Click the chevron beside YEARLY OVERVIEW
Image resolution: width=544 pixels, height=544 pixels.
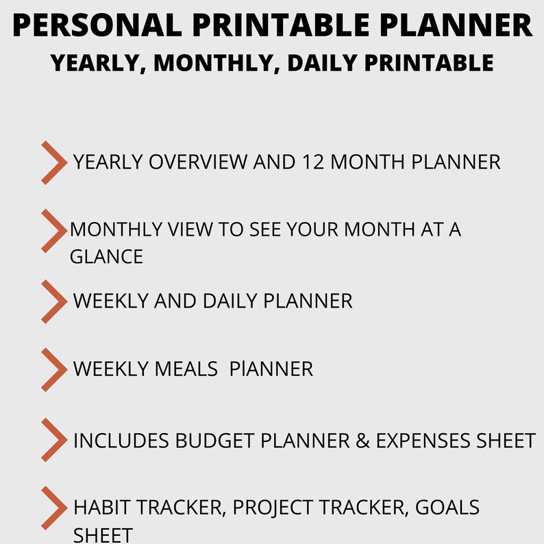point(53,163)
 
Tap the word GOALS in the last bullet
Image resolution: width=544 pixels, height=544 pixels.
point(446,508)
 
